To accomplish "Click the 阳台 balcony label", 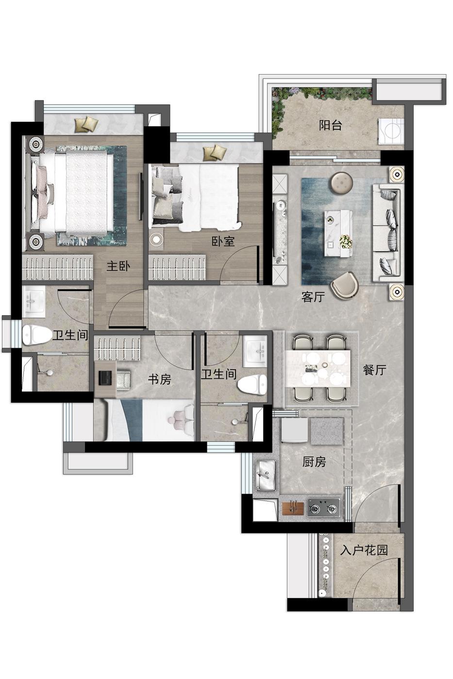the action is coord(331,125).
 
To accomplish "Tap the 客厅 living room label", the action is coord(313,297).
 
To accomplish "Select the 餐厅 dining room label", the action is coord(375,370).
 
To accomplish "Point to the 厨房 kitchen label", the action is coord(314,462).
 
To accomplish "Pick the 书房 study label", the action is coord(160,379).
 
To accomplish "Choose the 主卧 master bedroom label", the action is coord(118,266).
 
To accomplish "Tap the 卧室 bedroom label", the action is coord(223,242).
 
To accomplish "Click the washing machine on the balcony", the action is coord(391,131).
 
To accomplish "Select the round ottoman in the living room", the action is coord(341,182).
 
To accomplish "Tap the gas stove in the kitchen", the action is coord(324,508).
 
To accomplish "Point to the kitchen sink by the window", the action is coord(266,475).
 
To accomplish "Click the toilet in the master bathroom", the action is coord(37,335).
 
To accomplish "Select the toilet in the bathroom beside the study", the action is coord(252,385).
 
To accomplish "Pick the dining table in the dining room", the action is coord(318,368).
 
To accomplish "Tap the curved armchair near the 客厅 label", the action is coord(345,285).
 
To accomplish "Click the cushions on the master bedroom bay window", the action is coord(87,124).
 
